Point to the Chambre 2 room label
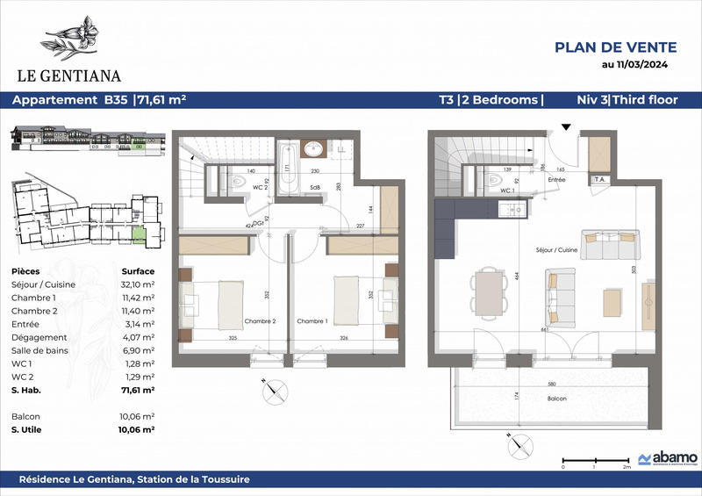261,321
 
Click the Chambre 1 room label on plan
312,321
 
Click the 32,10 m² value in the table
138,285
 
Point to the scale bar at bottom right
594,459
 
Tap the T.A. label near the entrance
601,180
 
